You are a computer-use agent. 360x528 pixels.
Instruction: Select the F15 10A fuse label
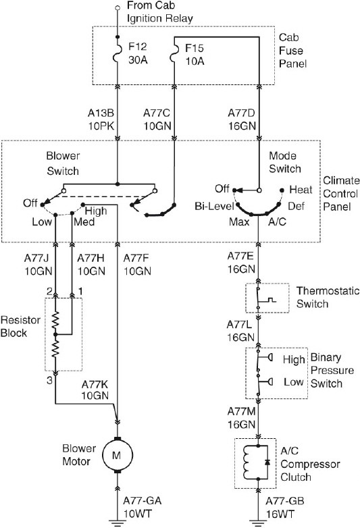196,55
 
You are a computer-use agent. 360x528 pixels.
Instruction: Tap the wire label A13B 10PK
100,119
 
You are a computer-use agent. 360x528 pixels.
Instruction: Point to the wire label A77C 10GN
157,119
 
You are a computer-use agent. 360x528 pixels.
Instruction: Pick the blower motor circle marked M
116,457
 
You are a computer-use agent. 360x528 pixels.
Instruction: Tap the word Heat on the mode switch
301,190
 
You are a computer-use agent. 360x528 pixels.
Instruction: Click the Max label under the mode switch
238,221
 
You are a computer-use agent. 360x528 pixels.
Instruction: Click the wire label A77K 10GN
96,390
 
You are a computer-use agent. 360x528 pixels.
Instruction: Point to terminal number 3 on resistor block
49,380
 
